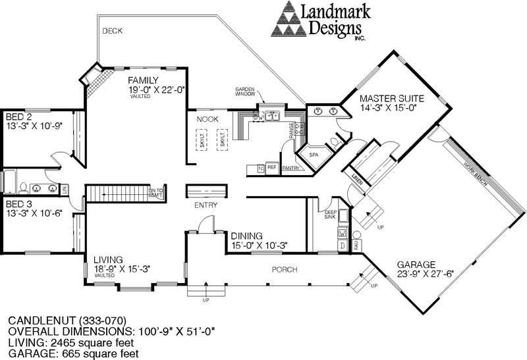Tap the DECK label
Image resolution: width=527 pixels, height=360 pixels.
point(113,31)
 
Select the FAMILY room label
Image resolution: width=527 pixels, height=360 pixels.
point(144,80)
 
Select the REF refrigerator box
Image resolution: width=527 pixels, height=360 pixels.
point(271,168)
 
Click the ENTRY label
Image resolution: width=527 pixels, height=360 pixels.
point(206,205)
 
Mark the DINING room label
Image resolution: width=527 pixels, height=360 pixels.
point(248,236)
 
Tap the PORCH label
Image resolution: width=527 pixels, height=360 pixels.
point(284,270)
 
